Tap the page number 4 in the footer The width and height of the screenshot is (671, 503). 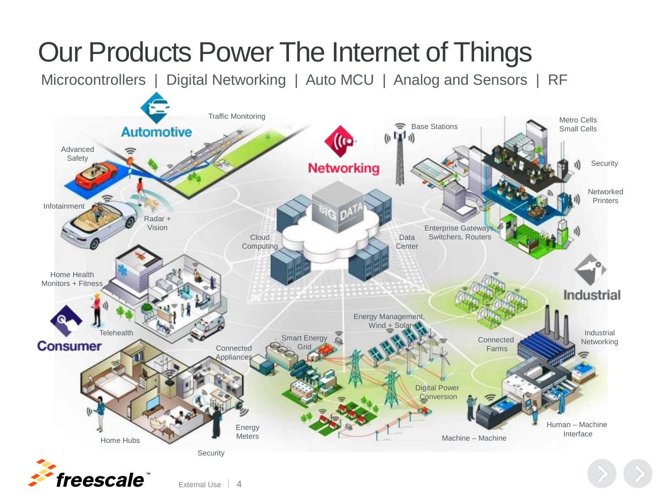239,484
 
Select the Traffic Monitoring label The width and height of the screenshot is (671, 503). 237,116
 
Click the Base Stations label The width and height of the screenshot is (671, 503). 434,127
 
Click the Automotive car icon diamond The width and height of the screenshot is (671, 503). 156,108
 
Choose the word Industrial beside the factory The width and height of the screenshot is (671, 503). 592,295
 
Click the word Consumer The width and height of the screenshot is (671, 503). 69,346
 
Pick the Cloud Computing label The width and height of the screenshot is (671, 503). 260,242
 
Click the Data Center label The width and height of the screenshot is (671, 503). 407,242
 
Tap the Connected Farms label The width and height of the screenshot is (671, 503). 496,344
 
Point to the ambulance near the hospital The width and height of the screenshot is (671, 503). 208,326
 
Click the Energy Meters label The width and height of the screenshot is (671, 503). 247,432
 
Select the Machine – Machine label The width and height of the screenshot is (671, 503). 474,438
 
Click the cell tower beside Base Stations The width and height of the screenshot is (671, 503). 399,156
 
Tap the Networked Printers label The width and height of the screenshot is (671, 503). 605,196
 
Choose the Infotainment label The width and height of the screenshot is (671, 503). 64,206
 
